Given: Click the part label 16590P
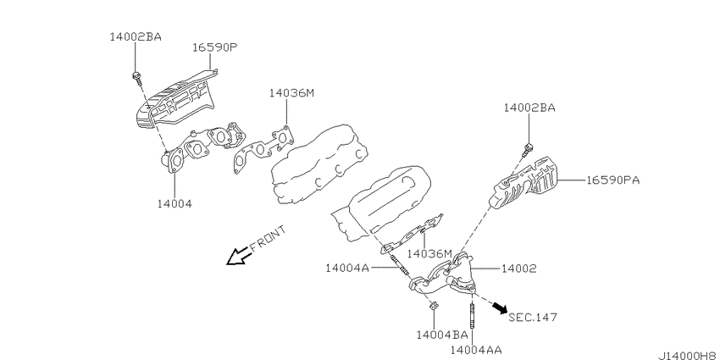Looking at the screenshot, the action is pos(214,47).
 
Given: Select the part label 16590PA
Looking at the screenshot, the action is pos(612,180).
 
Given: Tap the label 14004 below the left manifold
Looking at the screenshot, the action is pos(174,203).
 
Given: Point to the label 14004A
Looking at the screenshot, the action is pos(347,268).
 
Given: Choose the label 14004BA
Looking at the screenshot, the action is pos(441,335).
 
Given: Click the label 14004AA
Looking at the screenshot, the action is pos(476,351).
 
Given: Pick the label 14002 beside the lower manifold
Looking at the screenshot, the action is pos(518,269).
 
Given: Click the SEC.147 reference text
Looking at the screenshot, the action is pos(533,317).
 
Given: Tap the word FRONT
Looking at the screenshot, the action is pos(269,237).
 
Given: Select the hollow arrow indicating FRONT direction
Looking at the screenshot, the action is pos(239,256).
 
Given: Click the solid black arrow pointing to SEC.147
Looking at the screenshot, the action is pos(500,307).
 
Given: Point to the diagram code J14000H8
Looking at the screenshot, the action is pos(689,356).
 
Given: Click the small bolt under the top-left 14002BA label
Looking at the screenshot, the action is pos(136,77).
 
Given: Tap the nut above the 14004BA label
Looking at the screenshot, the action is pos(433,307).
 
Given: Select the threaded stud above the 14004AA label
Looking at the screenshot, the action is pos(472,314).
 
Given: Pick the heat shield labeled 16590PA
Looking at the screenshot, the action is pos(523,183).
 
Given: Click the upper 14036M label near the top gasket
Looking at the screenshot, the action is pos(291,93).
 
